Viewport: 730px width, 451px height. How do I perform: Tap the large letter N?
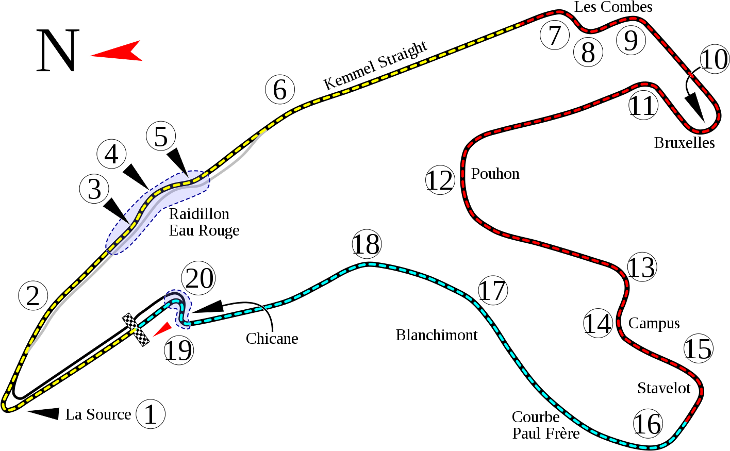(57, 51)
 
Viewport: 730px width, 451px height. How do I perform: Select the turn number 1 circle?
(151, 414)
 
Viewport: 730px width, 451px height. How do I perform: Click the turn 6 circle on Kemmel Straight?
(280, 90)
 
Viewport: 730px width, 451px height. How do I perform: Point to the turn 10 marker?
(715, 60)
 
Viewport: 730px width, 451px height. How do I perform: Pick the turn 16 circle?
(648, 424)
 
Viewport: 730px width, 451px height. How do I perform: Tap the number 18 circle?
(367, 245)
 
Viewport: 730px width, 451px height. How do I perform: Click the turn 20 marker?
(200, 278)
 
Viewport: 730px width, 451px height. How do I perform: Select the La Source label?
(97, 414)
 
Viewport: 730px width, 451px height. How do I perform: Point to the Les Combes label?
(613, 7)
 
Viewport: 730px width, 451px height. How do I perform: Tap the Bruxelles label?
(684, 143)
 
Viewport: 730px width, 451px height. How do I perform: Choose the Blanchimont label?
(436, 335)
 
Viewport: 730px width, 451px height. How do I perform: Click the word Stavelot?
(663, 388)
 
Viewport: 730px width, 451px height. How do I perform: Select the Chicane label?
(272, 339)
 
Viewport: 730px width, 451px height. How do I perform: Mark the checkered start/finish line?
(137, 329)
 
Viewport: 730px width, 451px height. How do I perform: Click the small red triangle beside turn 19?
(164, 328)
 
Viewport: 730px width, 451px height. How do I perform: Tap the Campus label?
(654, 323)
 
